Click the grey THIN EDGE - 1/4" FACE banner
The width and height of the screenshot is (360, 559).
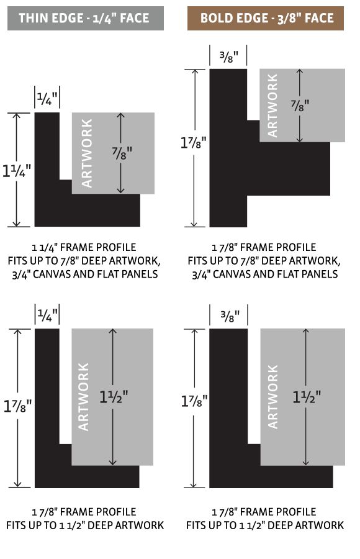point(86,18)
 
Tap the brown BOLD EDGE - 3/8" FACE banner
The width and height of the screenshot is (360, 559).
point(266,18)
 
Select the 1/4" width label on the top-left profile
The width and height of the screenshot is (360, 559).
point(47,99)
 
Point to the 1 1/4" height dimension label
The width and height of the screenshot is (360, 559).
point(17,170)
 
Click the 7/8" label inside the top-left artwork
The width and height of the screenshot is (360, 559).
point(122,153)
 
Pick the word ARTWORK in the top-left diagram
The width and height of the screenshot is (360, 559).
point(87,153)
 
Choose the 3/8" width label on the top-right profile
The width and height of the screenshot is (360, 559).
point(228,57)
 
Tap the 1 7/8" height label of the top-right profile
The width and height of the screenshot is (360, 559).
point(194,143)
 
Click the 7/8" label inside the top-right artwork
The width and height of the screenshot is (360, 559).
point(299,105)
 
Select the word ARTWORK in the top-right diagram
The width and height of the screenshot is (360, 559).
point(272,106)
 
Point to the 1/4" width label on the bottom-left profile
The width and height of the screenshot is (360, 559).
point(47,315)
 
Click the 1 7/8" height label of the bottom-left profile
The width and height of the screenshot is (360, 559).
point(17,406)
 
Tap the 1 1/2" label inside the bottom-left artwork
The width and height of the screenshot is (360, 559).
point(114,397)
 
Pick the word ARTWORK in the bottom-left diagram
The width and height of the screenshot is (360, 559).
point(83,397)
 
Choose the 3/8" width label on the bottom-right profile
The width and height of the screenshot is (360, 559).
point(230,316)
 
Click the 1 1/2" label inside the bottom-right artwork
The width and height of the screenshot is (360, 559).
point(307,397)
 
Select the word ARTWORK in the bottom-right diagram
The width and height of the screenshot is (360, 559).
point(272,397)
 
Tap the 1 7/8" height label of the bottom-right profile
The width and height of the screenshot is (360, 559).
point(194,401)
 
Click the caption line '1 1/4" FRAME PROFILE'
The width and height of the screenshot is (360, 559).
point(84,247)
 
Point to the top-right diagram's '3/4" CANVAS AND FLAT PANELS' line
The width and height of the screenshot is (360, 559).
point(265,274)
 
